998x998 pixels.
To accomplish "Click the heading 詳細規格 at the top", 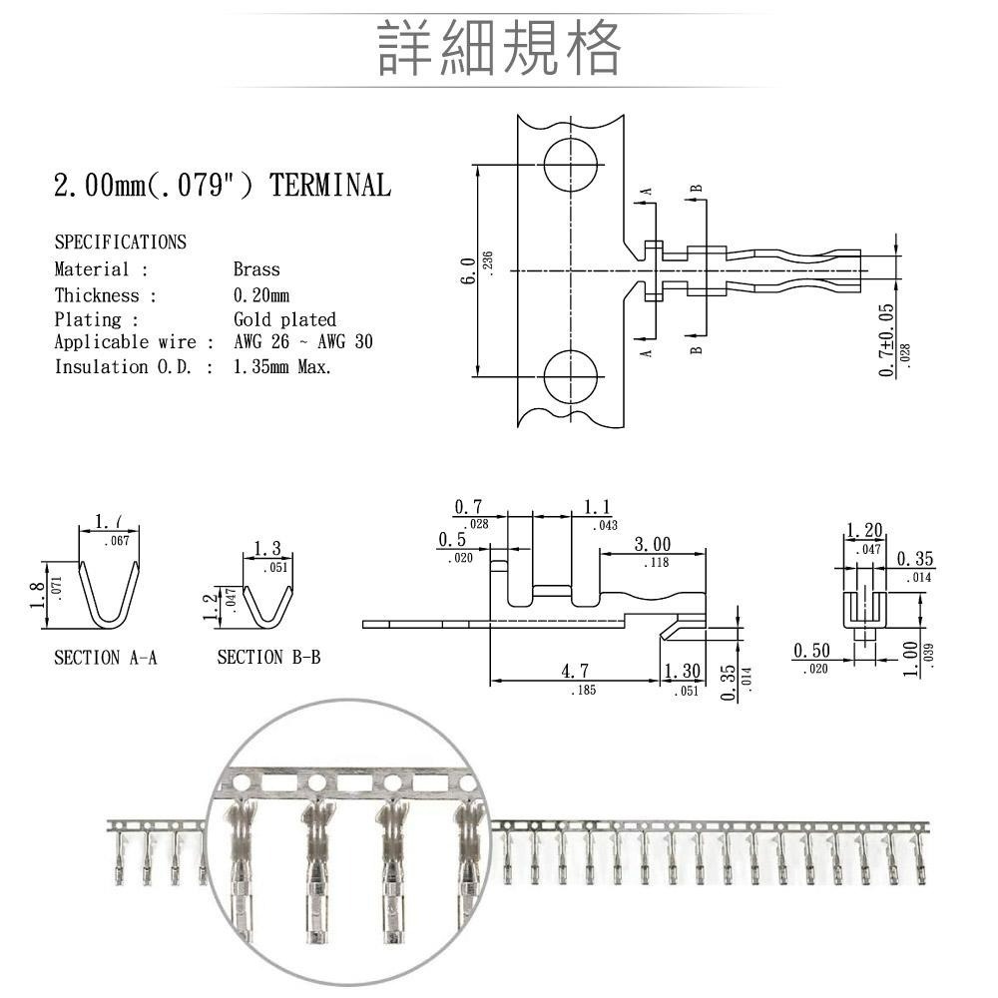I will coord(499,47).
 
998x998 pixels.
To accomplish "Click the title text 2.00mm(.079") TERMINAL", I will coord(222,186).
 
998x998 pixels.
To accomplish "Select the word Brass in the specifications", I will coord(256,269).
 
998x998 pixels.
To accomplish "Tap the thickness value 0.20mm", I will coord(260,295).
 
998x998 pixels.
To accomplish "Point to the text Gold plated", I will coord(284,320).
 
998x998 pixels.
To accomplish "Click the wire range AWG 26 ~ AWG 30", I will coord(302,342).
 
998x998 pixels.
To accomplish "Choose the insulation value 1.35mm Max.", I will coord(282,367).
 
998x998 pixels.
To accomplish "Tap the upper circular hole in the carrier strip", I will coord(571,163).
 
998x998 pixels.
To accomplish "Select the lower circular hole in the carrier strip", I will coord(571,377).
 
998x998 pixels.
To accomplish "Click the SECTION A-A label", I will coord(106,658).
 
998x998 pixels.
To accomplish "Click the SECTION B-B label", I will coord(268,658).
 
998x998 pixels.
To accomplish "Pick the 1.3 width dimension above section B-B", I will coord(267,549).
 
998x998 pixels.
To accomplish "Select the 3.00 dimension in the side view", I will coord(653,545).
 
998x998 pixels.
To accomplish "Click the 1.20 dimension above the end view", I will coord(864,530).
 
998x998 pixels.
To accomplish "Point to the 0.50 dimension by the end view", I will coord(811,652).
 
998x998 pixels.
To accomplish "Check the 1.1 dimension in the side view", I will coord(598,507).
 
